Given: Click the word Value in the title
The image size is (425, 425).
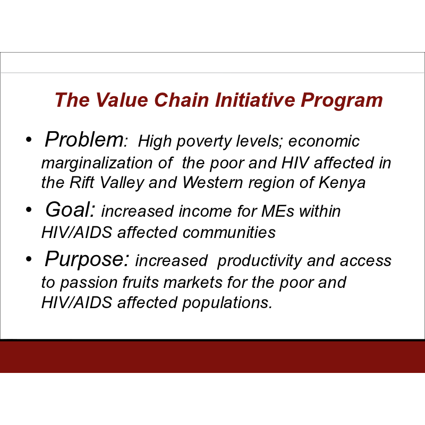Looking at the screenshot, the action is point(122,100).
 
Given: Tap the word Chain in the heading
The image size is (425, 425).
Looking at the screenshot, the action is point(182,100).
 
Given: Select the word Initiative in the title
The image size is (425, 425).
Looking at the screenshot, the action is point(255,100).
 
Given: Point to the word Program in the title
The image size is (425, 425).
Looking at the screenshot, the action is point(342,101).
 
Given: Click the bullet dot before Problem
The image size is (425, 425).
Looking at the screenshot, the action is point(29,140).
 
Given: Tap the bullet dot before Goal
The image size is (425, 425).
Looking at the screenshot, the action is point(29,209).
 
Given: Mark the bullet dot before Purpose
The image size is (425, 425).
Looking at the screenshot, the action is point(29,259).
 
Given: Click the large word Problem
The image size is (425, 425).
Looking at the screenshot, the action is point(84,139).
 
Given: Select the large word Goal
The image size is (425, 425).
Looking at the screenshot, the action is point(70,209).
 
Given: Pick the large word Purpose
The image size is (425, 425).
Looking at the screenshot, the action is point(87,259).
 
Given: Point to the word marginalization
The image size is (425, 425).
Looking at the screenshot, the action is point(97,164).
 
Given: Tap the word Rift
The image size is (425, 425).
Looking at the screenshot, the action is point(82,182).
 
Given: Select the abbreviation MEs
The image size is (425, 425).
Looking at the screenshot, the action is point(277,211).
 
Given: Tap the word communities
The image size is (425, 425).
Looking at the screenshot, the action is point(229,233).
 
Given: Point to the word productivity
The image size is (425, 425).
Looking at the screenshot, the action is point(260,261).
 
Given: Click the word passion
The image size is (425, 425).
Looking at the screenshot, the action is point(89,283).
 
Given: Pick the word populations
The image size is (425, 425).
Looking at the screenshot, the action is point(227,303).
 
